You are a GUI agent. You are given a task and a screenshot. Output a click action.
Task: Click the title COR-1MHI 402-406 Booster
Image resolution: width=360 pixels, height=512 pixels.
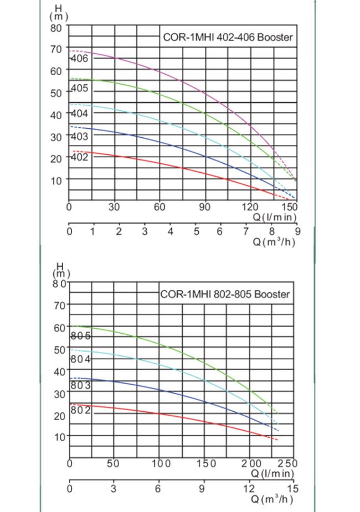coord(228,38)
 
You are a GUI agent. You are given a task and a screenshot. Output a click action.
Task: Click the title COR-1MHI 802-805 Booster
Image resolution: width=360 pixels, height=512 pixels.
coord(225,294)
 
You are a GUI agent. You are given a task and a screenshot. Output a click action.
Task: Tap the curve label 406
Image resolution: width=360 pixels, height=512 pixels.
coord(80,59)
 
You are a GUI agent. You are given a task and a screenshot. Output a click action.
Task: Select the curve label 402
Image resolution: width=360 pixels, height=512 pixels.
coord(80,157)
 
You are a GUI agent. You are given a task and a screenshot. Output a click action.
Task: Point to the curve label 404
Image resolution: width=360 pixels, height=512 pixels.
coord(80,113)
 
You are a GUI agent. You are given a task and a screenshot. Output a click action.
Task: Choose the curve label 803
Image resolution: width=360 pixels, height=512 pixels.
coord(81,385)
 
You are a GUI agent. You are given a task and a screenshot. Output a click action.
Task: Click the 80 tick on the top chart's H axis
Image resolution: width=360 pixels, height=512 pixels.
coord(57,27)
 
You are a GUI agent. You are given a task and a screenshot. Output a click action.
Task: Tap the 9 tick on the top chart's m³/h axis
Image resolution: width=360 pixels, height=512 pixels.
coord(297,232)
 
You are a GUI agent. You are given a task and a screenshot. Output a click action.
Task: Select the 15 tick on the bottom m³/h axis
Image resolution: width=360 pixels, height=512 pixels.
coord(294,488)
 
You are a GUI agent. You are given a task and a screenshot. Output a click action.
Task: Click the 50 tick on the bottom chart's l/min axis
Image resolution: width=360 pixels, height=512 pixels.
coord(113,463)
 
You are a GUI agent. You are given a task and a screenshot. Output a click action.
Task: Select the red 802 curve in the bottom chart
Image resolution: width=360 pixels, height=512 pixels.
coord(166,415)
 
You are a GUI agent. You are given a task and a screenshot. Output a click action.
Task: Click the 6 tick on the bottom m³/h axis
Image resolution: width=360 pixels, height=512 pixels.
coord(158,488)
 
